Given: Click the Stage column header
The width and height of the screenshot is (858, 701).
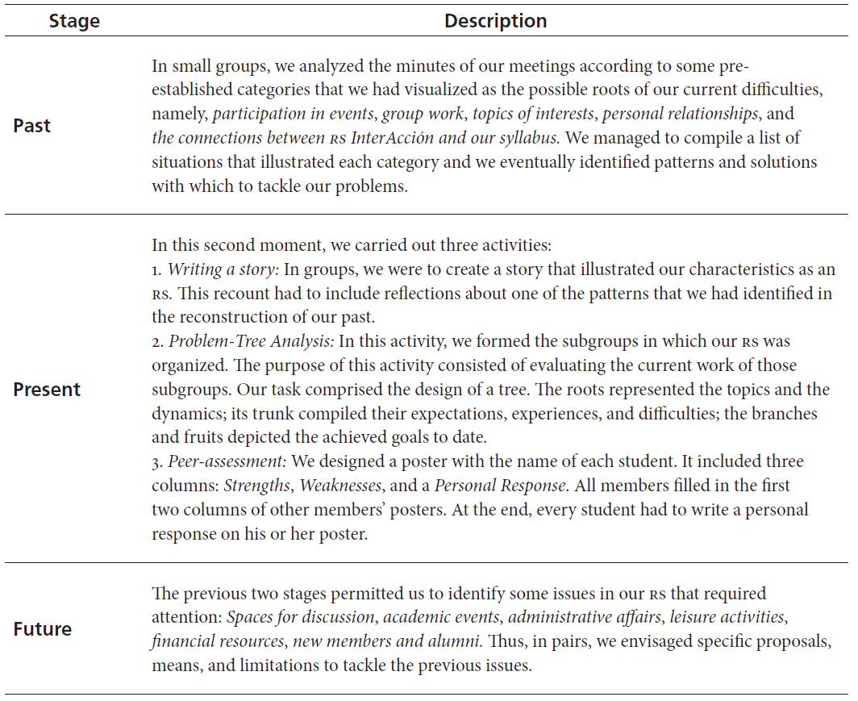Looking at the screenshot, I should [74, 22].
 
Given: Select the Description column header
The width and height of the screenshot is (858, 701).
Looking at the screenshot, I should [495, 22].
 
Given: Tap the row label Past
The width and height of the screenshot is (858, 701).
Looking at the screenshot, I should [32, 126].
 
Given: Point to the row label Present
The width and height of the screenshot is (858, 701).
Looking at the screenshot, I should [47, 390].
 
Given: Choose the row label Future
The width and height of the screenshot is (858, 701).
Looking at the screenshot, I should [42, 629].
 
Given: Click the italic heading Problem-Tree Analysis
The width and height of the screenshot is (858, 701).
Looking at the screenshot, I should [250, 342].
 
